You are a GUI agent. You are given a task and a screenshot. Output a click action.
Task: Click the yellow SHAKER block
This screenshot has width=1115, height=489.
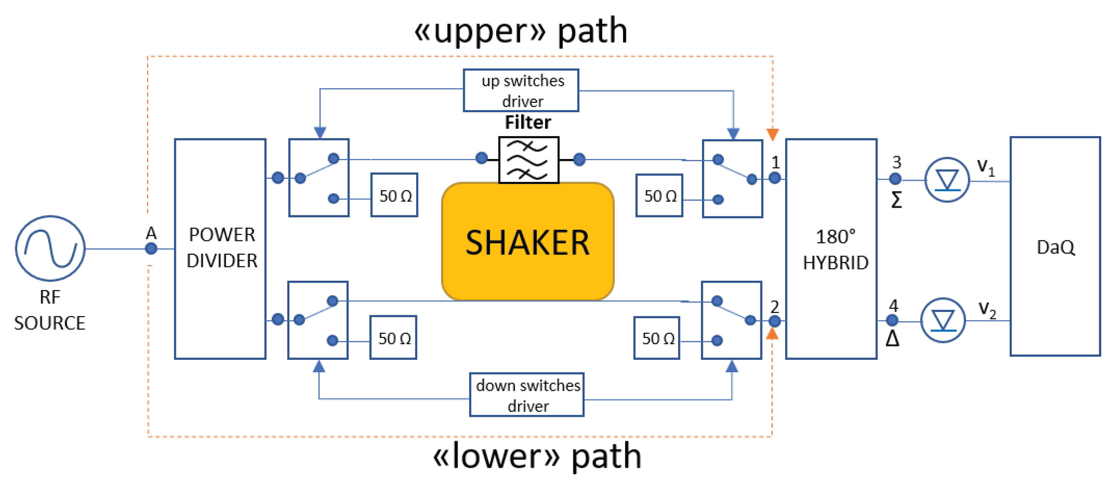(x=528, y=242)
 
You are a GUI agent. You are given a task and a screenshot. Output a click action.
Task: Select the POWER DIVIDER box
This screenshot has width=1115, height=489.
(x=221, y=249)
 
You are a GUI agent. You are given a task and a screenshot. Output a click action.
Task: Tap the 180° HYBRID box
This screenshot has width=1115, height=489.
(x=832, y=249)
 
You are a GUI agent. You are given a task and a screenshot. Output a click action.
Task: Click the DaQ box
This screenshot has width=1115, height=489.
(x=1055, y=247)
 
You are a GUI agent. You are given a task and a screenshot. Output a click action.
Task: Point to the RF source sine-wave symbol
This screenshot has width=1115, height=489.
(x=50, y=249)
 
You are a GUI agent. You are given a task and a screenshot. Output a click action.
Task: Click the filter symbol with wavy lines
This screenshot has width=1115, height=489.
(x=529, y=160)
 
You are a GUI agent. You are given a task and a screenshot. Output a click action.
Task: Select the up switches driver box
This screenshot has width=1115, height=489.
(x=521, y=91)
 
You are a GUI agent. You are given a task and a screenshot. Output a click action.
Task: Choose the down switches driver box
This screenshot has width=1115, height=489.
(x=527, y=395)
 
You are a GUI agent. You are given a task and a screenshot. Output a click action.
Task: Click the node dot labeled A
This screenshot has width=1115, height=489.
(x=151, y=249)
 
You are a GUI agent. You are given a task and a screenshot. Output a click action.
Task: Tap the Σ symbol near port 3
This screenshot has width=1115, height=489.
(x=896, y=200)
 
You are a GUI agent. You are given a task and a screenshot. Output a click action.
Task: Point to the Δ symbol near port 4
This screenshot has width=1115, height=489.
(x=892, y=339)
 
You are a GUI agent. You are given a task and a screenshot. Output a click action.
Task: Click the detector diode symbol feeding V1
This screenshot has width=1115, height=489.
(x=947, y=180)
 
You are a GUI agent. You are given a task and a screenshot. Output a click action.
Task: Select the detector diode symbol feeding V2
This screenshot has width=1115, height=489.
(x=943, y=321)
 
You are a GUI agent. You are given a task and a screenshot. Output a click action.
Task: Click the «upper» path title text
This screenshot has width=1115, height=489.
(x=521, y=31)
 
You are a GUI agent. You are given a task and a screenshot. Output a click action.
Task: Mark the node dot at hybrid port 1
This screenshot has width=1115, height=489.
(x=775, y=178)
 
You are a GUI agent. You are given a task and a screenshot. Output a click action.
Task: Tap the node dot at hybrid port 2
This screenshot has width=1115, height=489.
(x=775, y=321)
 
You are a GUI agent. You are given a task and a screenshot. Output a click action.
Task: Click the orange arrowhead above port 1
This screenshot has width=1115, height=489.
(x=773, y=135)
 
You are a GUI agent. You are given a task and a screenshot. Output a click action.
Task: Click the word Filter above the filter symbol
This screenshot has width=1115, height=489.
(x=528, y=123)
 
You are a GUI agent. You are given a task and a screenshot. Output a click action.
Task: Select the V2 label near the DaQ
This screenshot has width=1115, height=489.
(x=987, y=309)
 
